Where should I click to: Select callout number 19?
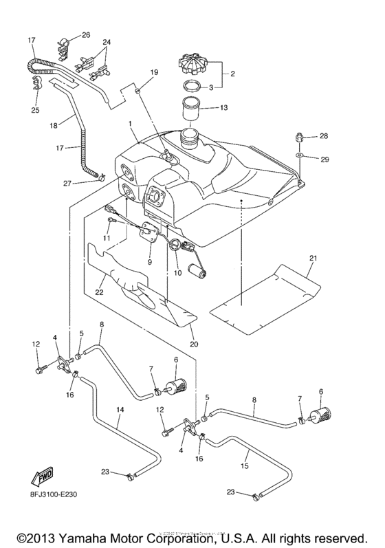pyautogui.click(x=153, y=72)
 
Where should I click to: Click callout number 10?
pyautogui.click(x=177, y=273)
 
